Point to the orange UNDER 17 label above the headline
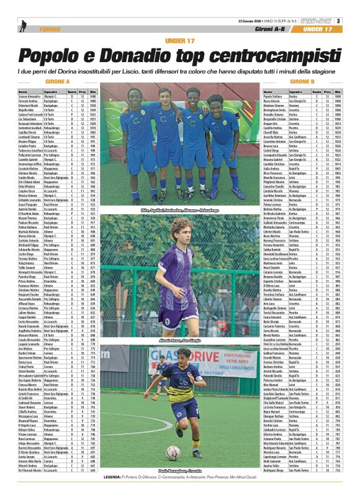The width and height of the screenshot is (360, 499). pyautogui.click(x=179, y=41)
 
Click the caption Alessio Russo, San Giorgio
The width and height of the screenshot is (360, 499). pyautogui.click(x=179, y=340)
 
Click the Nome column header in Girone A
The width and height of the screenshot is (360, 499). pyautogui.click(x=22, y=92)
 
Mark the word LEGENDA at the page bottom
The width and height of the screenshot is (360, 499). pyautogui.click(x=113, y=495)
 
